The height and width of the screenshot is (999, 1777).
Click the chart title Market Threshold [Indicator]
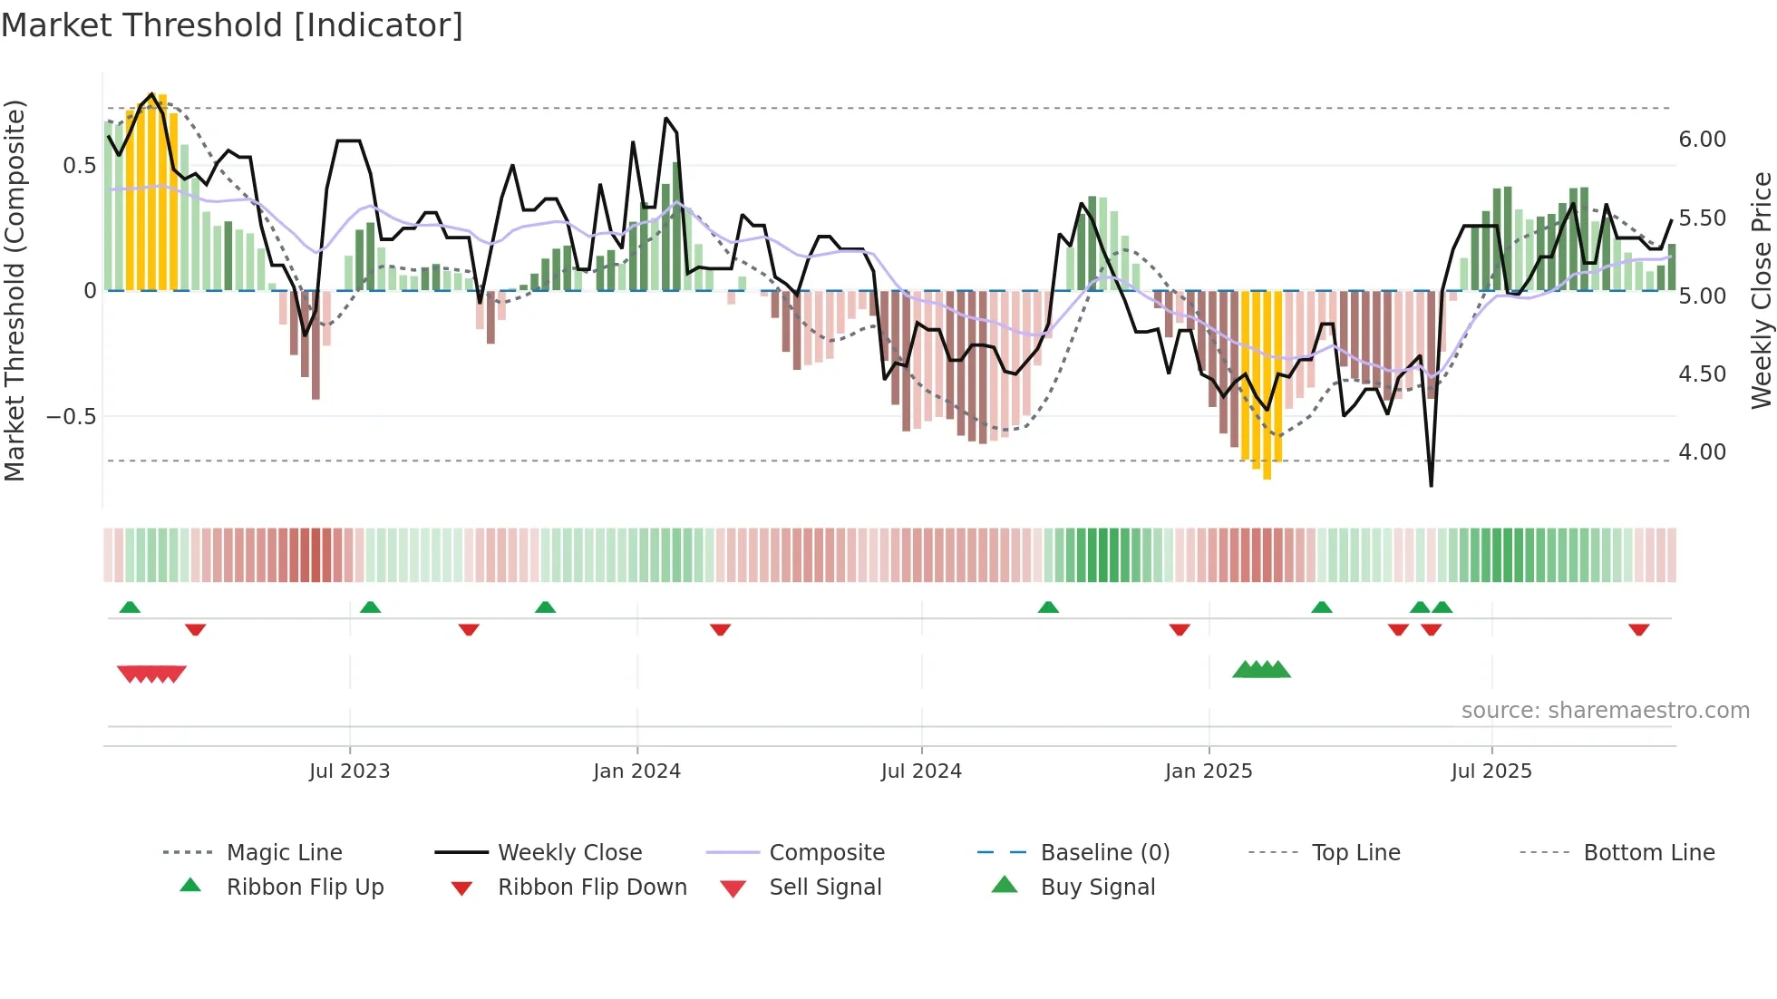(232, 25)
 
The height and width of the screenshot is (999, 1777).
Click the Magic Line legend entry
(284, 853)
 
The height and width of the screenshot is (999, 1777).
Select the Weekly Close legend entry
(569, 853)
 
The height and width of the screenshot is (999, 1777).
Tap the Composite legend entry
(827, 853)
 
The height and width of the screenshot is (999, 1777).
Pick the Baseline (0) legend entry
(1104, 853)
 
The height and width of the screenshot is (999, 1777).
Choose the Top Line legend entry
(1355, 853)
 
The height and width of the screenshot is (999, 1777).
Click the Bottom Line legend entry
(1648, 853)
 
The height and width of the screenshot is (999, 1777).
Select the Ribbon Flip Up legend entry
(305, 887)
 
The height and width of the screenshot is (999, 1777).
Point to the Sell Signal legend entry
(825, 887)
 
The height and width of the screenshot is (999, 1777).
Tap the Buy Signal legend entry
(1097, 887)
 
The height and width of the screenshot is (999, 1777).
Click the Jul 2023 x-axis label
(349, 771)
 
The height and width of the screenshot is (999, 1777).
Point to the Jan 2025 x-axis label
(1209, 771)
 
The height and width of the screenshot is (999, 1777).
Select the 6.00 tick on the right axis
(1702, 140)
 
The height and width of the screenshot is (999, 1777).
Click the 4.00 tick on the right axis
(1702, 452)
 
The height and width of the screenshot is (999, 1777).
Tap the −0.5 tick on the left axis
(72, 417)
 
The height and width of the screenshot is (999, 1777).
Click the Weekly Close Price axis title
(1761, 290)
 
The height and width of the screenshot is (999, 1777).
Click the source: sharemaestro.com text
(1605, 711)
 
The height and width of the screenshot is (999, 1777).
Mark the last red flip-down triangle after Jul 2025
(1638, 630)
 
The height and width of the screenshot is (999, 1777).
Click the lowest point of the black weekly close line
(1431, 486)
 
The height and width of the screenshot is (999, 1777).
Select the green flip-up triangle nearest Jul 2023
(370, 607)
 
